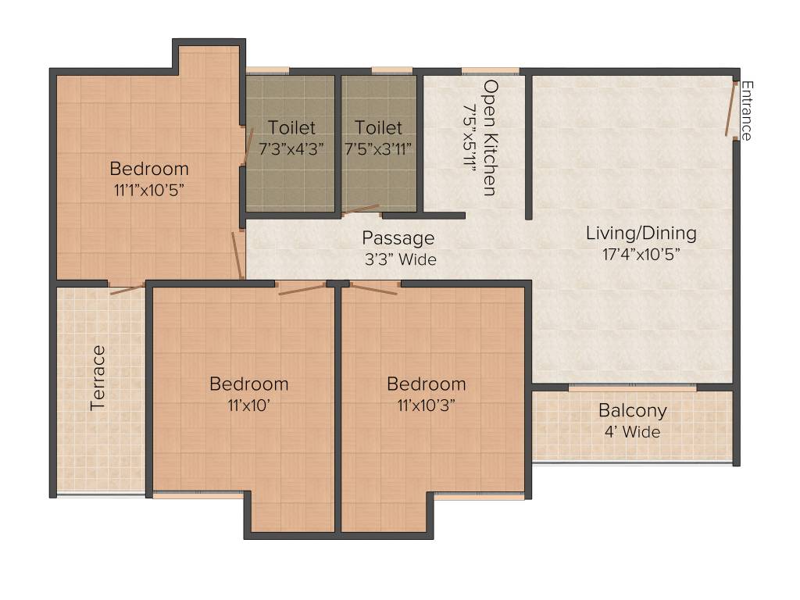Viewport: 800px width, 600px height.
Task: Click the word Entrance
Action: pos(746,110)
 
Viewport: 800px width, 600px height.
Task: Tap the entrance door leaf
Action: pos(731,109)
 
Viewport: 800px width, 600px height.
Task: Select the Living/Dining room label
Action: pos(641,233)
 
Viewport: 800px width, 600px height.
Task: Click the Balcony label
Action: pos(633,411)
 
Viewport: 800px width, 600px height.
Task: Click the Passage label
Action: pos(398,238)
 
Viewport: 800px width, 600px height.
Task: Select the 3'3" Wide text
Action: pos(399,259)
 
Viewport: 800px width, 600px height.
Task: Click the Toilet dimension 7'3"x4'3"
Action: pos(291,147)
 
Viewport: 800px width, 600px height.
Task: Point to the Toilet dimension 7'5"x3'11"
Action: pos(378,147)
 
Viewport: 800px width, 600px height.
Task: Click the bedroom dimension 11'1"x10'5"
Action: pos(148,189)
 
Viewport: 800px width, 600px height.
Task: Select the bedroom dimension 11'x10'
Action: pos(248,405)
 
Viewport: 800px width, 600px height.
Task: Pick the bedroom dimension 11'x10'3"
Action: pos(427,405)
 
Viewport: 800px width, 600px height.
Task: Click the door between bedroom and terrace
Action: pos(127,290)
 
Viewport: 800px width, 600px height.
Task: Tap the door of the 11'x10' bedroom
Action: pos(302,290)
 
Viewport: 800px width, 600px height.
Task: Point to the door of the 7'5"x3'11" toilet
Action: pos(361,209)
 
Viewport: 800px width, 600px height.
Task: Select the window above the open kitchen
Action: pos(490,71)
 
